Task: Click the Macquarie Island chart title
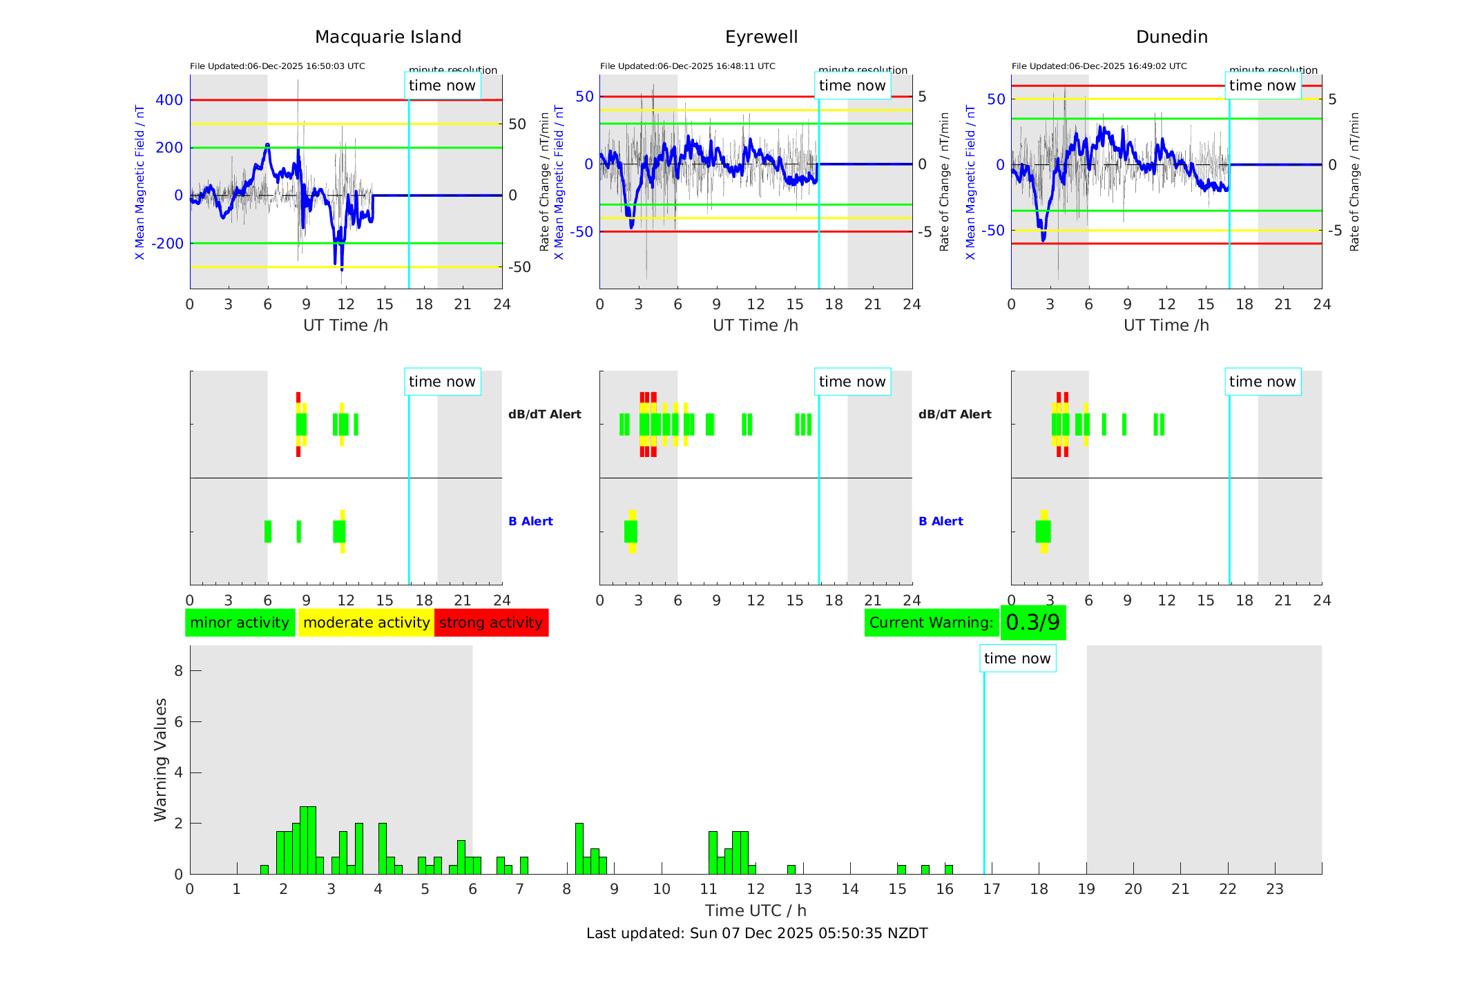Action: (x=388, y=37)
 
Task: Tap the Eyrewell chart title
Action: (x=761, y=37)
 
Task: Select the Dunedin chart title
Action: (x=1171, y=37)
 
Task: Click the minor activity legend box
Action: (x=240, y=623)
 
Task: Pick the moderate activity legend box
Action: (x=366, y=623)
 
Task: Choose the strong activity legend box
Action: (x=491, y=623)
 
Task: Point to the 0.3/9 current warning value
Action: (x=1032, y=623)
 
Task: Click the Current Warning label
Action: (x=931, y=623)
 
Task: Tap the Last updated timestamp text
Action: (x=757, y=933)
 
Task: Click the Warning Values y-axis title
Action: (x=161, y=759)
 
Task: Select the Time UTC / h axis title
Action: (x=756, y=911)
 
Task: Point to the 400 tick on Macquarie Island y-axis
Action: (x=169, y=100)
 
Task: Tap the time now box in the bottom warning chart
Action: (x=1017, y=659)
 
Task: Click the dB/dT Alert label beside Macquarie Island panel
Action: (x=545, y=414)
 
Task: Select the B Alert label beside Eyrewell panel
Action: (x=941, y=521)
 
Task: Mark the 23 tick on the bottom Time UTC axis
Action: (x=1274, y=889)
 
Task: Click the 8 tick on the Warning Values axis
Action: (x=178, y=670)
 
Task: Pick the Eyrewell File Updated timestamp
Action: (x=687, y=66)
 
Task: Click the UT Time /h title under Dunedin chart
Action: (x=1166, y=325)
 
